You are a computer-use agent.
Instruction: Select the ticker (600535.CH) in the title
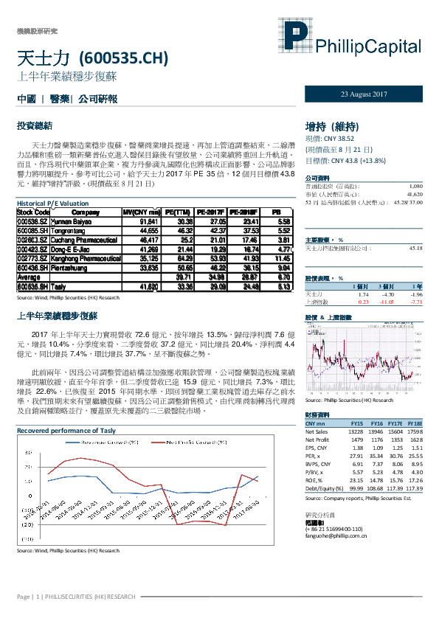tap(124, 58)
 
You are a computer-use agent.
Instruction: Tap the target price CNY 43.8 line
tap(347, 159)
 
